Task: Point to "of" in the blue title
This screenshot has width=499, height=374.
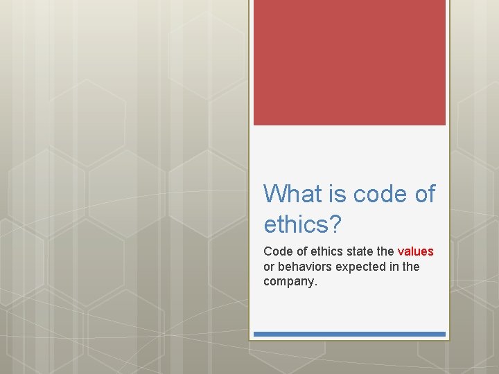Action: pyautogui.click(x=425, y=194)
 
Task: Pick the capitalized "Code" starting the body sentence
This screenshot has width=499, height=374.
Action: pyautogui.click(x=277, y=251)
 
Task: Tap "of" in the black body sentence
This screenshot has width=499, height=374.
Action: pyautogui.click(x=299, y=251)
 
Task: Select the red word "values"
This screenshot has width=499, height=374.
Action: pyautogui.click(x=415, y=251)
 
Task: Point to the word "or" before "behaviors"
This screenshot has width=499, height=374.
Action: pyautogui.click(x=269, y=267)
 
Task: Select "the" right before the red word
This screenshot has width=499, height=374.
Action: pyautogui.click(x=385, y=251)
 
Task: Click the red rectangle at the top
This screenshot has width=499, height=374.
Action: pyautogui.click(x=349, y=62)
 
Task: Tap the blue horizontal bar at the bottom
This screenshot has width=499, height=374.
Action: pyautogui.click(x=349, y=334)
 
